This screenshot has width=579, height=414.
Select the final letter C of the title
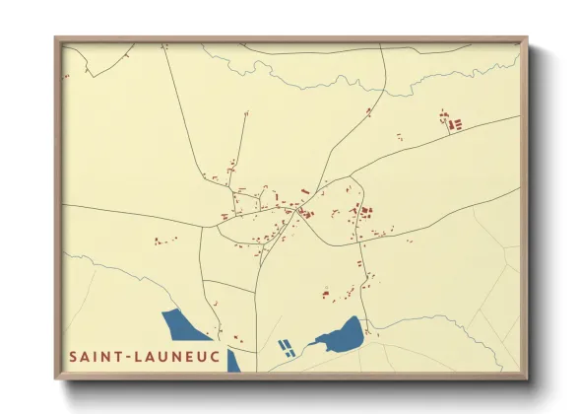coord(216,355)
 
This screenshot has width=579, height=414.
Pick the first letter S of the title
coord(73,355)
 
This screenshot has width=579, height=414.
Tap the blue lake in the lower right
coord(340,336)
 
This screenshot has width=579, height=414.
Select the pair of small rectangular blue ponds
coord(286,348)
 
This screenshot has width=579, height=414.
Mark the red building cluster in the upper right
coord(452,123)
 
